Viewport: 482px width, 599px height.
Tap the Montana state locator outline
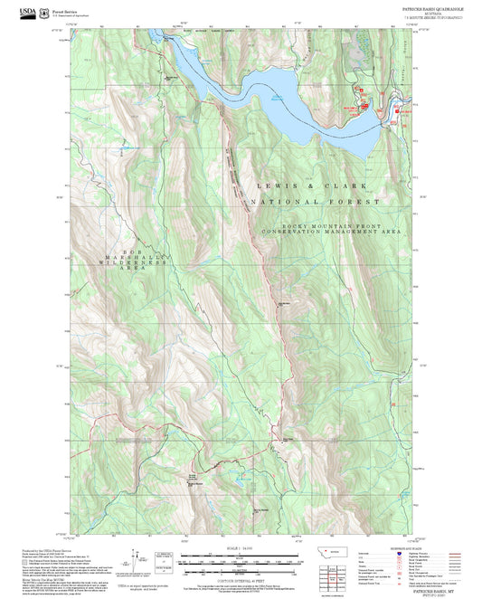(338, 551)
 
